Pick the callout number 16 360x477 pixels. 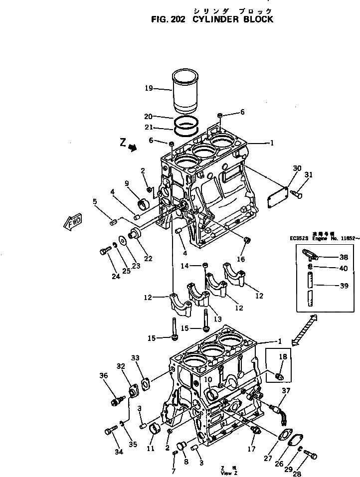241,259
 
